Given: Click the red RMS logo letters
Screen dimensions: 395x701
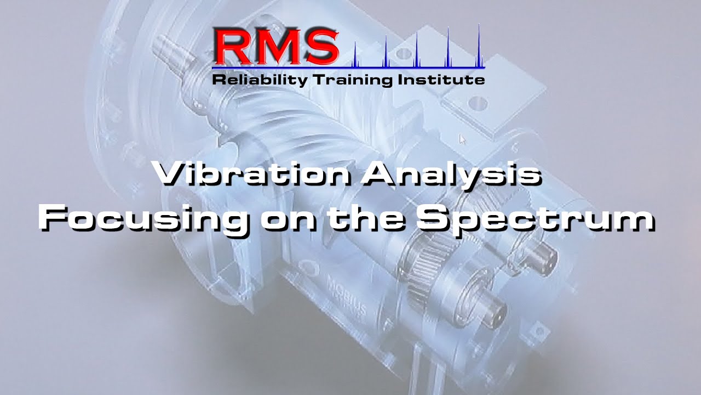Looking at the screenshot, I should pyautogui.click(x=277, y=46).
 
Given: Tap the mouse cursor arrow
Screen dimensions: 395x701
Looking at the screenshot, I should pyautogui.click(x=462, y=139).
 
